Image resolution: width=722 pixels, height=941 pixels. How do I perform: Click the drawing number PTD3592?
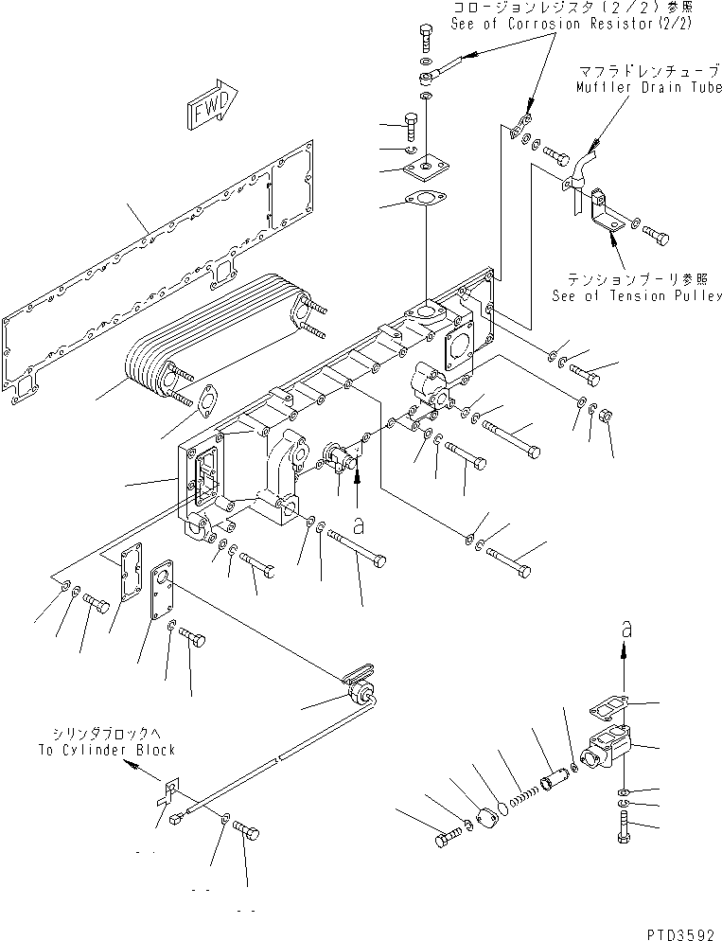coord(680,932)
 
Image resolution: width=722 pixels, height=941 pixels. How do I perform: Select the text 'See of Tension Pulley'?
coord(638,296)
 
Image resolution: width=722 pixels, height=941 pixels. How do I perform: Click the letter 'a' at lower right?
coord(625,629)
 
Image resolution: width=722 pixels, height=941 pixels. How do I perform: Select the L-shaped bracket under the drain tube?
coord(600,217)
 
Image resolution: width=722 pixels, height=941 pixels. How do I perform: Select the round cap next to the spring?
coord(490,817)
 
